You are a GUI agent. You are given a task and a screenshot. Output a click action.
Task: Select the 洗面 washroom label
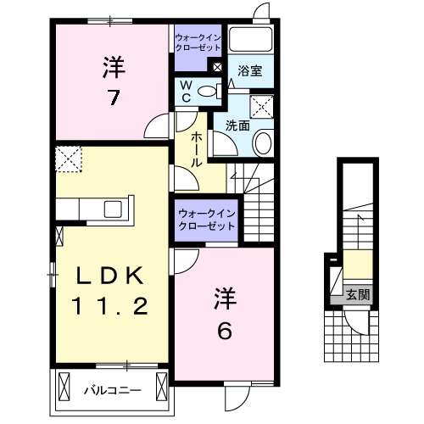237,126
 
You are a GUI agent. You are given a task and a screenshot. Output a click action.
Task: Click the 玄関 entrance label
357,296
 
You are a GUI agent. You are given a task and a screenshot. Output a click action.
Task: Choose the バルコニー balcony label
112,391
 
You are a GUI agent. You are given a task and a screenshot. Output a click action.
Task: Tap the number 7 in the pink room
111,96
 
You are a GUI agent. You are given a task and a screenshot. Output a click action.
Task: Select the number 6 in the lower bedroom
225,329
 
